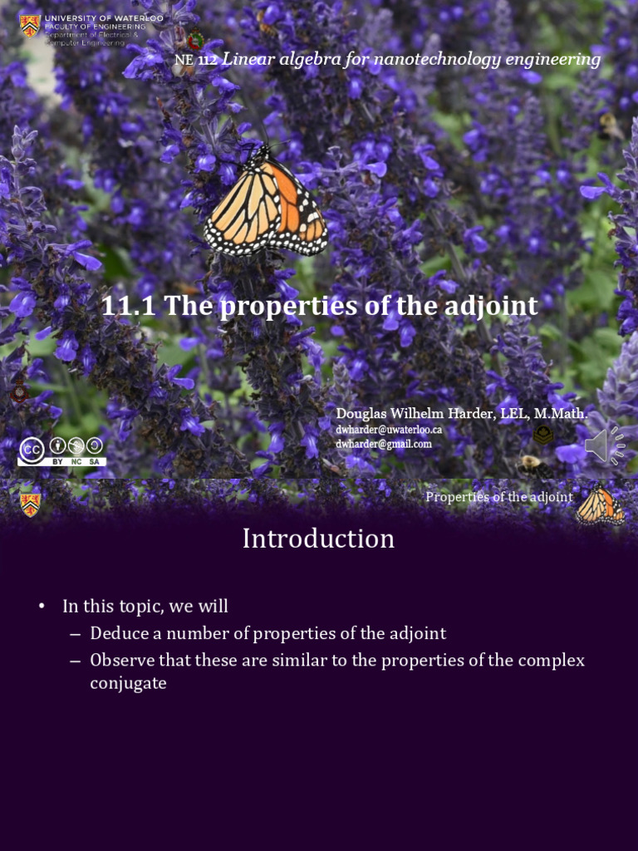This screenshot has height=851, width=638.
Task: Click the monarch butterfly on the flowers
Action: pyautogui.click(x=266, y=204)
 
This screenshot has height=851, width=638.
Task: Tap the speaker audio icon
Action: pyautogui.click(x=604, y=445)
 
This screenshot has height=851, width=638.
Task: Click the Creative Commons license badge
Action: pyautogui.click(x=61, y=450)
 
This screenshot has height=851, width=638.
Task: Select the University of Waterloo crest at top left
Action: pyautogui.click(x=30, y=25)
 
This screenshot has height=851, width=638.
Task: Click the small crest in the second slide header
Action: pyautogui.click(x=30, y=504)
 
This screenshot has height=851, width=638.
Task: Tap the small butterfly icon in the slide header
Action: pyautogui.click(x=600, y=505)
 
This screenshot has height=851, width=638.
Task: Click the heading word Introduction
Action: pyautogui.click(x=318, y=539)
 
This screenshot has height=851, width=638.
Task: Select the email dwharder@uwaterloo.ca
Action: pyautogui.click(x=389, y=430)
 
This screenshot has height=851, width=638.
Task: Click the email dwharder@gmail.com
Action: pyautogui.click(x=384, y=444)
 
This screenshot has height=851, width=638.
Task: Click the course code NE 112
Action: pyautogui.click(x=195, y=61)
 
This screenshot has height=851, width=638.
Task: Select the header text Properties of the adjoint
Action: pyautogui.click(x=499, y=497)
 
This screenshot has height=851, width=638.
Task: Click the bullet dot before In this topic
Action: pyautogui.click(x=41, y=607)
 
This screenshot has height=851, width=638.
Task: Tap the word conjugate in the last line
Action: pyautogui.click(x=128, y=683)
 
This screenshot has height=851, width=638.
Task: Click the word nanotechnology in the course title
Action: pyautogui.click(x=424, y=60)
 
